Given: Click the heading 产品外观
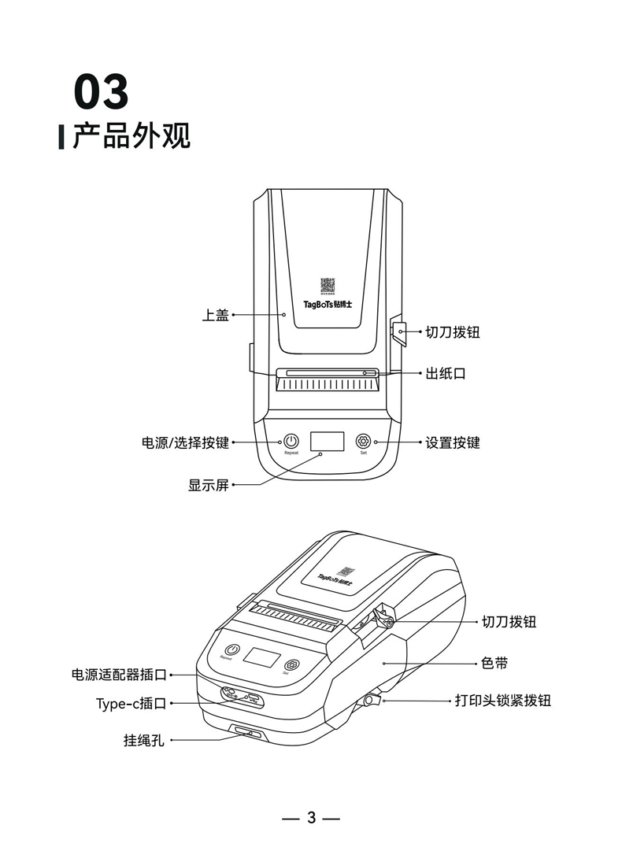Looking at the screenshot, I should pyautogui.click(x=131, y=136).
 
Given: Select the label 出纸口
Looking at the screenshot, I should pyautogui.click(x=446, y=373).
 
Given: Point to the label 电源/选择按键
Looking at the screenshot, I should pyautogui.click(x=185, y=443).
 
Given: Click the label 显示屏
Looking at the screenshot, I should pyautogui.click(x=208, y=486).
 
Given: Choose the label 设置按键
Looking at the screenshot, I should pyautogui.click(x=453, y=443).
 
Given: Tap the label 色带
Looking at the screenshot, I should pyautogui.click(x=494, y=664).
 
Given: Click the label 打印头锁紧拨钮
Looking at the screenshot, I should pyautogui.click(x=502, y=700).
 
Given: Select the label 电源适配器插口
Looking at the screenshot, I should pyautogui.click(x=119, y=675).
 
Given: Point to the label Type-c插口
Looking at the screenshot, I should pyautogui.click(x=131, y=703).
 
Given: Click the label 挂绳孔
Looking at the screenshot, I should pyautogui.click(x=143, y=740).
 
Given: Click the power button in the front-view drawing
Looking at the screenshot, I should pyautogui.click(x=291, y=442).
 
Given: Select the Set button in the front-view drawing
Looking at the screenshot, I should pyautogui.click(x=363, y=441).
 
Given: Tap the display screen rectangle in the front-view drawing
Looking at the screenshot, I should pyautogui.click(x=327, y=442).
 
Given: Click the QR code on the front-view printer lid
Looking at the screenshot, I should pyautogui.click(x=328, y=285).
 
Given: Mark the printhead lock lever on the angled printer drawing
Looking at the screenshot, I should pyautogui.click(x=372, y=699).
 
